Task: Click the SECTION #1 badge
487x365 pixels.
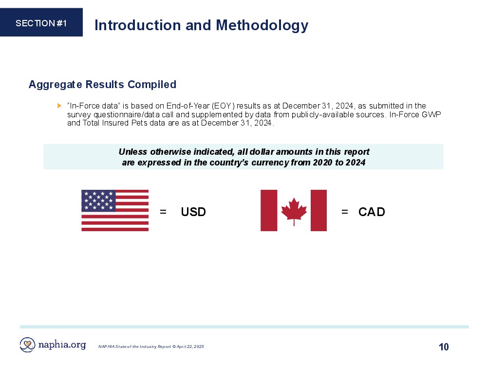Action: [41, 22]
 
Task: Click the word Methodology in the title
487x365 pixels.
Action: [262, 26]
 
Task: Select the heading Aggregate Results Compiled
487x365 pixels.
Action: [102, 84]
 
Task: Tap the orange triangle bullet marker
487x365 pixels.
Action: [59, 106]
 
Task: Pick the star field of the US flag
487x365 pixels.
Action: [98, 201]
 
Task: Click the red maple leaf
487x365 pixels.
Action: [294, 211]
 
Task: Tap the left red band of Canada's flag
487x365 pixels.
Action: [269, 210]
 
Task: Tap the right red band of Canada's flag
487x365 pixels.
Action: [318, 210]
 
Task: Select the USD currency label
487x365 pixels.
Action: [193, 212]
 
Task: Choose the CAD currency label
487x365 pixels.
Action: [372, 212]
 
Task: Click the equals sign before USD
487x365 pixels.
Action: [163, 212]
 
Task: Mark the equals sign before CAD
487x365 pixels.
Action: [345, 212]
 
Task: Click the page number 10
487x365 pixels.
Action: [444, 347]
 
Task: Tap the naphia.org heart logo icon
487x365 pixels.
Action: [27, 345]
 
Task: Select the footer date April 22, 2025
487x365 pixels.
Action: [190, 347]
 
